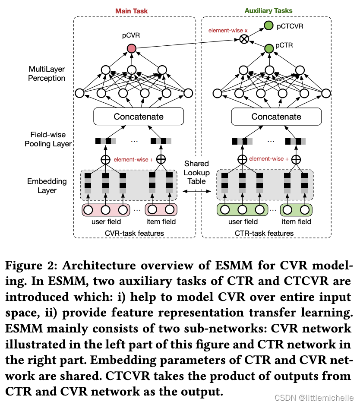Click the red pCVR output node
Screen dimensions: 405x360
click(132, 48)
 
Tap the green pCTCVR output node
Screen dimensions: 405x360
click(268, 26)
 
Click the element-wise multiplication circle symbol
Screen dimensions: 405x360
click(244, 39)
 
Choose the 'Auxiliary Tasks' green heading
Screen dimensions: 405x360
click(268, 10)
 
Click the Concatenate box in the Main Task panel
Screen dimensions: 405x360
click(139, 117)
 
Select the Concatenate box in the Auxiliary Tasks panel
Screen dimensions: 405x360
click(276, 117)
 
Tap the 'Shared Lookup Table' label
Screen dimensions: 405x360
click(196, 172)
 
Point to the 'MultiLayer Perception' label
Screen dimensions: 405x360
click(47, 73)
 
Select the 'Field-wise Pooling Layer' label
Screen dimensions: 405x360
click(48, 139)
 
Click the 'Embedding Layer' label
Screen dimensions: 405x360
click(47, 186)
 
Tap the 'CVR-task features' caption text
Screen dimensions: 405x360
click(134, 233)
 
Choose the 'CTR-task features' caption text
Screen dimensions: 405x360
click(264, 233)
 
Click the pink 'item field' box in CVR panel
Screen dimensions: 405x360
click(161, 210)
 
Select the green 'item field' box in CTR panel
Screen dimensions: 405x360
click(296, 210)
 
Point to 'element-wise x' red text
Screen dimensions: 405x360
click(222, 31)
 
